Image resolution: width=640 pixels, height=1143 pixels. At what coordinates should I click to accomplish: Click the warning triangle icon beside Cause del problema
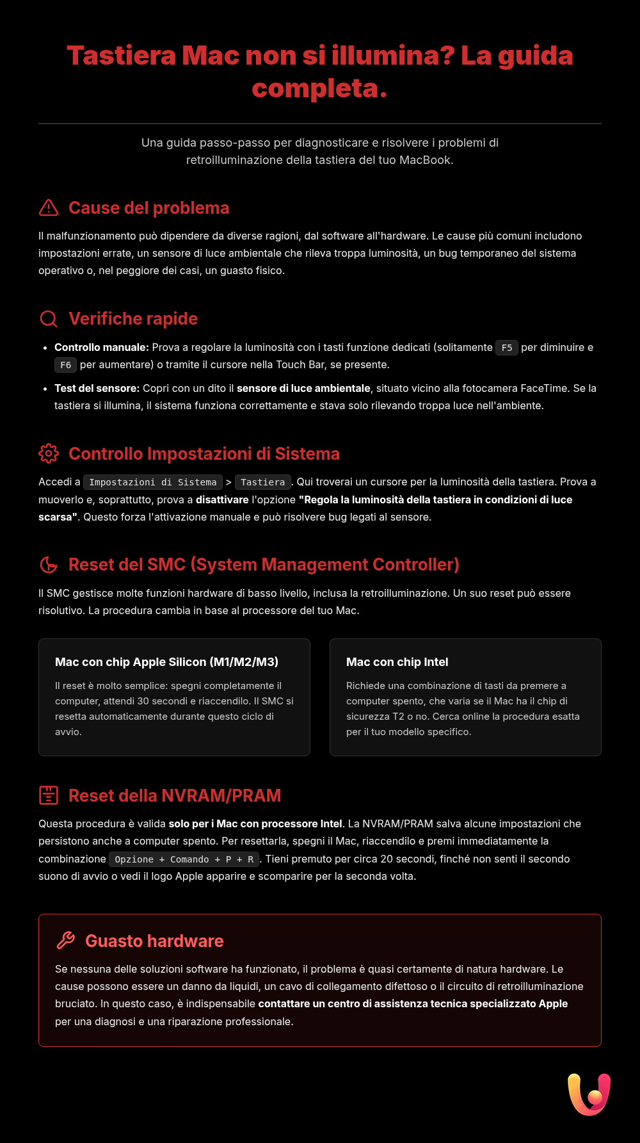tap(49, 208)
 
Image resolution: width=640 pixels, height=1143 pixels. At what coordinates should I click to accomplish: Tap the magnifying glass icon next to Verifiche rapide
tap(49, 319)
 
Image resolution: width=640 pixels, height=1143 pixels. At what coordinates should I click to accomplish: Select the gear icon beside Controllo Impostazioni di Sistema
tap(49, 453)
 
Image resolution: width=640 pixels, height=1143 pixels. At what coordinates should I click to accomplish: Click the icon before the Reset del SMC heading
tap(49, 565)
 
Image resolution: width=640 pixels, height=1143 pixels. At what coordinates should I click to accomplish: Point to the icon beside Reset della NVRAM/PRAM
tap(49, 795)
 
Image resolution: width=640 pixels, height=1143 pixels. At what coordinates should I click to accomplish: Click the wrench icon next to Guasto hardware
tap(65, 941)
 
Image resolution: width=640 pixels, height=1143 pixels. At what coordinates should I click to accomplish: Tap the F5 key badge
tap(506, 348)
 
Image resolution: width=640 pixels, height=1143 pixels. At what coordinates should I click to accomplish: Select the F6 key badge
tap(65, 365)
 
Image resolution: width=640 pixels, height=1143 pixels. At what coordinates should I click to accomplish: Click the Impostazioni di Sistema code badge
tap(152, 482)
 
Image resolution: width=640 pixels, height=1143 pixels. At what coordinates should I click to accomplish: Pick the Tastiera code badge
tap(262, 482)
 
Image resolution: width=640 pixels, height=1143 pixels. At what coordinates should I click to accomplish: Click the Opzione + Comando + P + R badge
tap(184, 859)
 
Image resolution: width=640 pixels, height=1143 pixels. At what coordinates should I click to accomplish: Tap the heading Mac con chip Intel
tap(397, 662)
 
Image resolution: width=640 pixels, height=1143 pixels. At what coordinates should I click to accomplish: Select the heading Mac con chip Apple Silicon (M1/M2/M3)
tap(166, 662)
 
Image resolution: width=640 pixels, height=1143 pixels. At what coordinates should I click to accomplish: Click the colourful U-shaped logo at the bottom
tap(589, 1094)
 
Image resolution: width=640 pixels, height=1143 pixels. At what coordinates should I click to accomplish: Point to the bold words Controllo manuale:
tap(101, 347)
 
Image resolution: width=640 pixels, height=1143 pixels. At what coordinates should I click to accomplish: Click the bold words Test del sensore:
tap(97, 388)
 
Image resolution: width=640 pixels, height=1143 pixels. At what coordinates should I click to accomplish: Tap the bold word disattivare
tap(222, 499)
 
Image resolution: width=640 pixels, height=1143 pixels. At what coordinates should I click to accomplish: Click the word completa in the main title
tap(319, 88)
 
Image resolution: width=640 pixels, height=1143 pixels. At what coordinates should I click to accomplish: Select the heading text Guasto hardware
tap(154, 941)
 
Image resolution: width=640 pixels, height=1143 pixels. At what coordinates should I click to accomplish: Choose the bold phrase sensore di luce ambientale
tap(303, 388)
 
